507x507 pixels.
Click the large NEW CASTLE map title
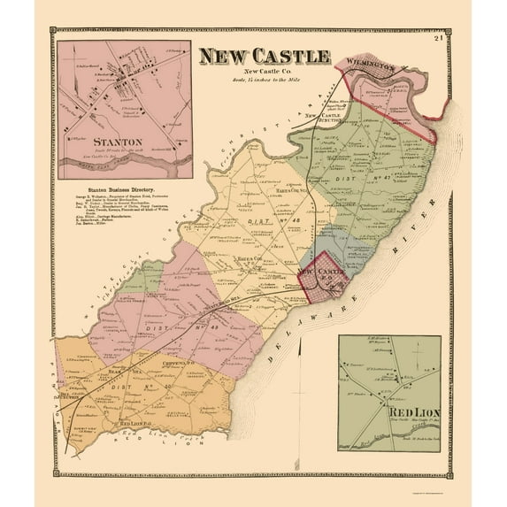click(x=263, y=57)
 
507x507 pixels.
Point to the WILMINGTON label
click(x=366, y=63)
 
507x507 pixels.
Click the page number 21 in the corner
click(x=464, y=35)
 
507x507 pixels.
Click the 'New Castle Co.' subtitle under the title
click(x=264, y=72)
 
